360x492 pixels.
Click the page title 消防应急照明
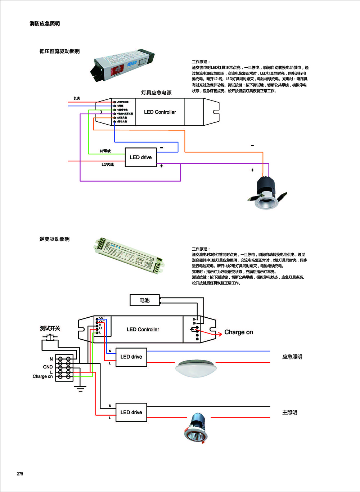(45, 24)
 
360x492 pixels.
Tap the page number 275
(20, 474)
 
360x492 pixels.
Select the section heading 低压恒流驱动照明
(59, 52)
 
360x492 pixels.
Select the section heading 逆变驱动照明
(54, 239)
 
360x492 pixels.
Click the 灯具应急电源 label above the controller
(156, 93)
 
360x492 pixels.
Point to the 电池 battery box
(145, 300)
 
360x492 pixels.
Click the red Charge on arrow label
(238, 332)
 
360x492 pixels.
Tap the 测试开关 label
(50, 328)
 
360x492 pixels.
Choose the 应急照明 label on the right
(292, 357)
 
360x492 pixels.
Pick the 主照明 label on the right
(289, 412)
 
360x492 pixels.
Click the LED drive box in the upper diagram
(141, 157)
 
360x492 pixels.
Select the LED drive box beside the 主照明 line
(131, 412)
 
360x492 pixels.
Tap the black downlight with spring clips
(267, 193)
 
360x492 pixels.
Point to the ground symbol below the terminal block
(80, 389)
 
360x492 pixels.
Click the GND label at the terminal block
(48, 367)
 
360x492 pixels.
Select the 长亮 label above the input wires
(77, 98)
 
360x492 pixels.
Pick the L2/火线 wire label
(107, 165)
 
